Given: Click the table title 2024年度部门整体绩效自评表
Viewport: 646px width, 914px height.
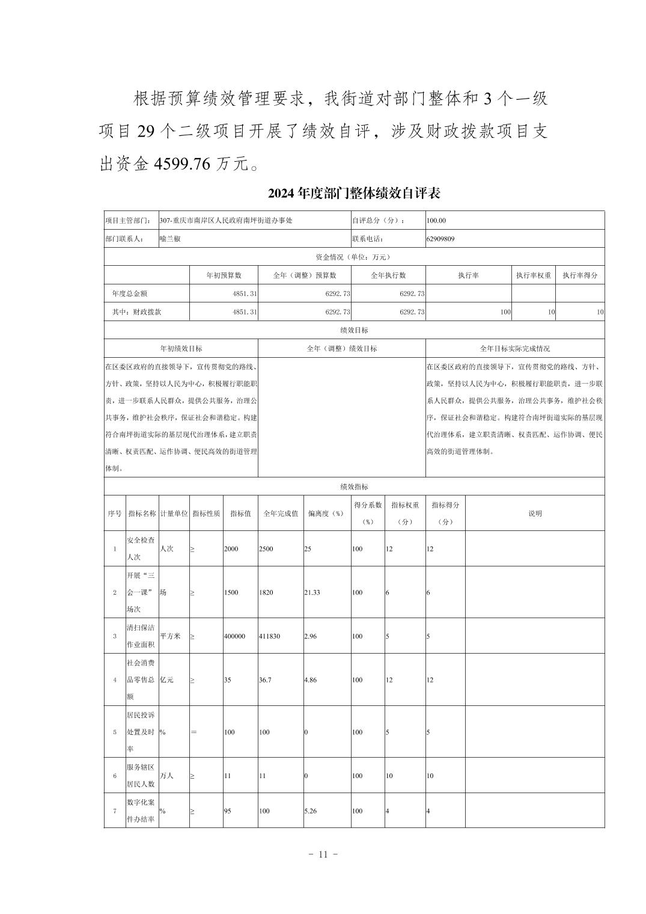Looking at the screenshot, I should (x=354, y=194).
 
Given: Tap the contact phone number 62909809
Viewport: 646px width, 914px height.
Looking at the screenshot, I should (x=440, y=239).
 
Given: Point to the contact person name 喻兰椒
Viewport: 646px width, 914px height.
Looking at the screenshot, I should (x=170, y=239).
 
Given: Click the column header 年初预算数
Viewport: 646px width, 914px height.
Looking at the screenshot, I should (x=224, y=275).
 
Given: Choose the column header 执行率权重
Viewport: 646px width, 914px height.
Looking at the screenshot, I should (x=533, y=275).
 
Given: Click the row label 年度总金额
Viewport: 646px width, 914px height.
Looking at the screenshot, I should (x=130, y=293).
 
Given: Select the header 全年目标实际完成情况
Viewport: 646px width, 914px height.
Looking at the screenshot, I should (x=514, y=349).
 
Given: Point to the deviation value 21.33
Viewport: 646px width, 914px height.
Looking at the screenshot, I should (x=312, y=592).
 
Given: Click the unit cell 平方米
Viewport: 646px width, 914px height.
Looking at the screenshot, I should (x=170, y=636).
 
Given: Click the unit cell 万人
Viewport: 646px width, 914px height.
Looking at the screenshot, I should (x=166, y=776).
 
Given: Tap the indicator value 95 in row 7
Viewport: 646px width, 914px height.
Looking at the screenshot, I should (x=228, y=811).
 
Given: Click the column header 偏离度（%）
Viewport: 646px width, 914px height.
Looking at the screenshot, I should (x=326, y=514).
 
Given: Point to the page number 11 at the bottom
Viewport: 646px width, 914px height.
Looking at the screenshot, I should (x=323, y=854).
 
